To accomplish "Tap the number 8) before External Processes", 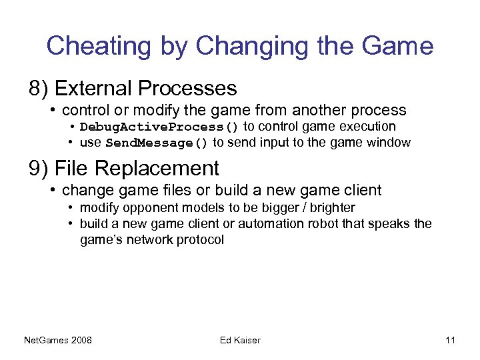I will pyautogui.click(x=38, y=88).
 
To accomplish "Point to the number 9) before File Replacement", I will pyautogui.click(x=38, y=168).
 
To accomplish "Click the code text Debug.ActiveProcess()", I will pyautogui.click(x=159, y=127).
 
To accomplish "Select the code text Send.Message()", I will pyautogui.click(x=157, y=143).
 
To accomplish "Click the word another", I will pyautogui.click(x=323, y=110).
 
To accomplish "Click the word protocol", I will pyautogui.click(x=201, y=239).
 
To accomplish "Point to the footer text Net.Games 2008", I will pyautogui.click(x=58, y=341).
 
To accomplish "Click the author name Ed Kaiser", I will pyautogui.click(x=240, y=341).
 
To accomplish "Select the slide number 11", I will pyautogui.click(x=450, y=341).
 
